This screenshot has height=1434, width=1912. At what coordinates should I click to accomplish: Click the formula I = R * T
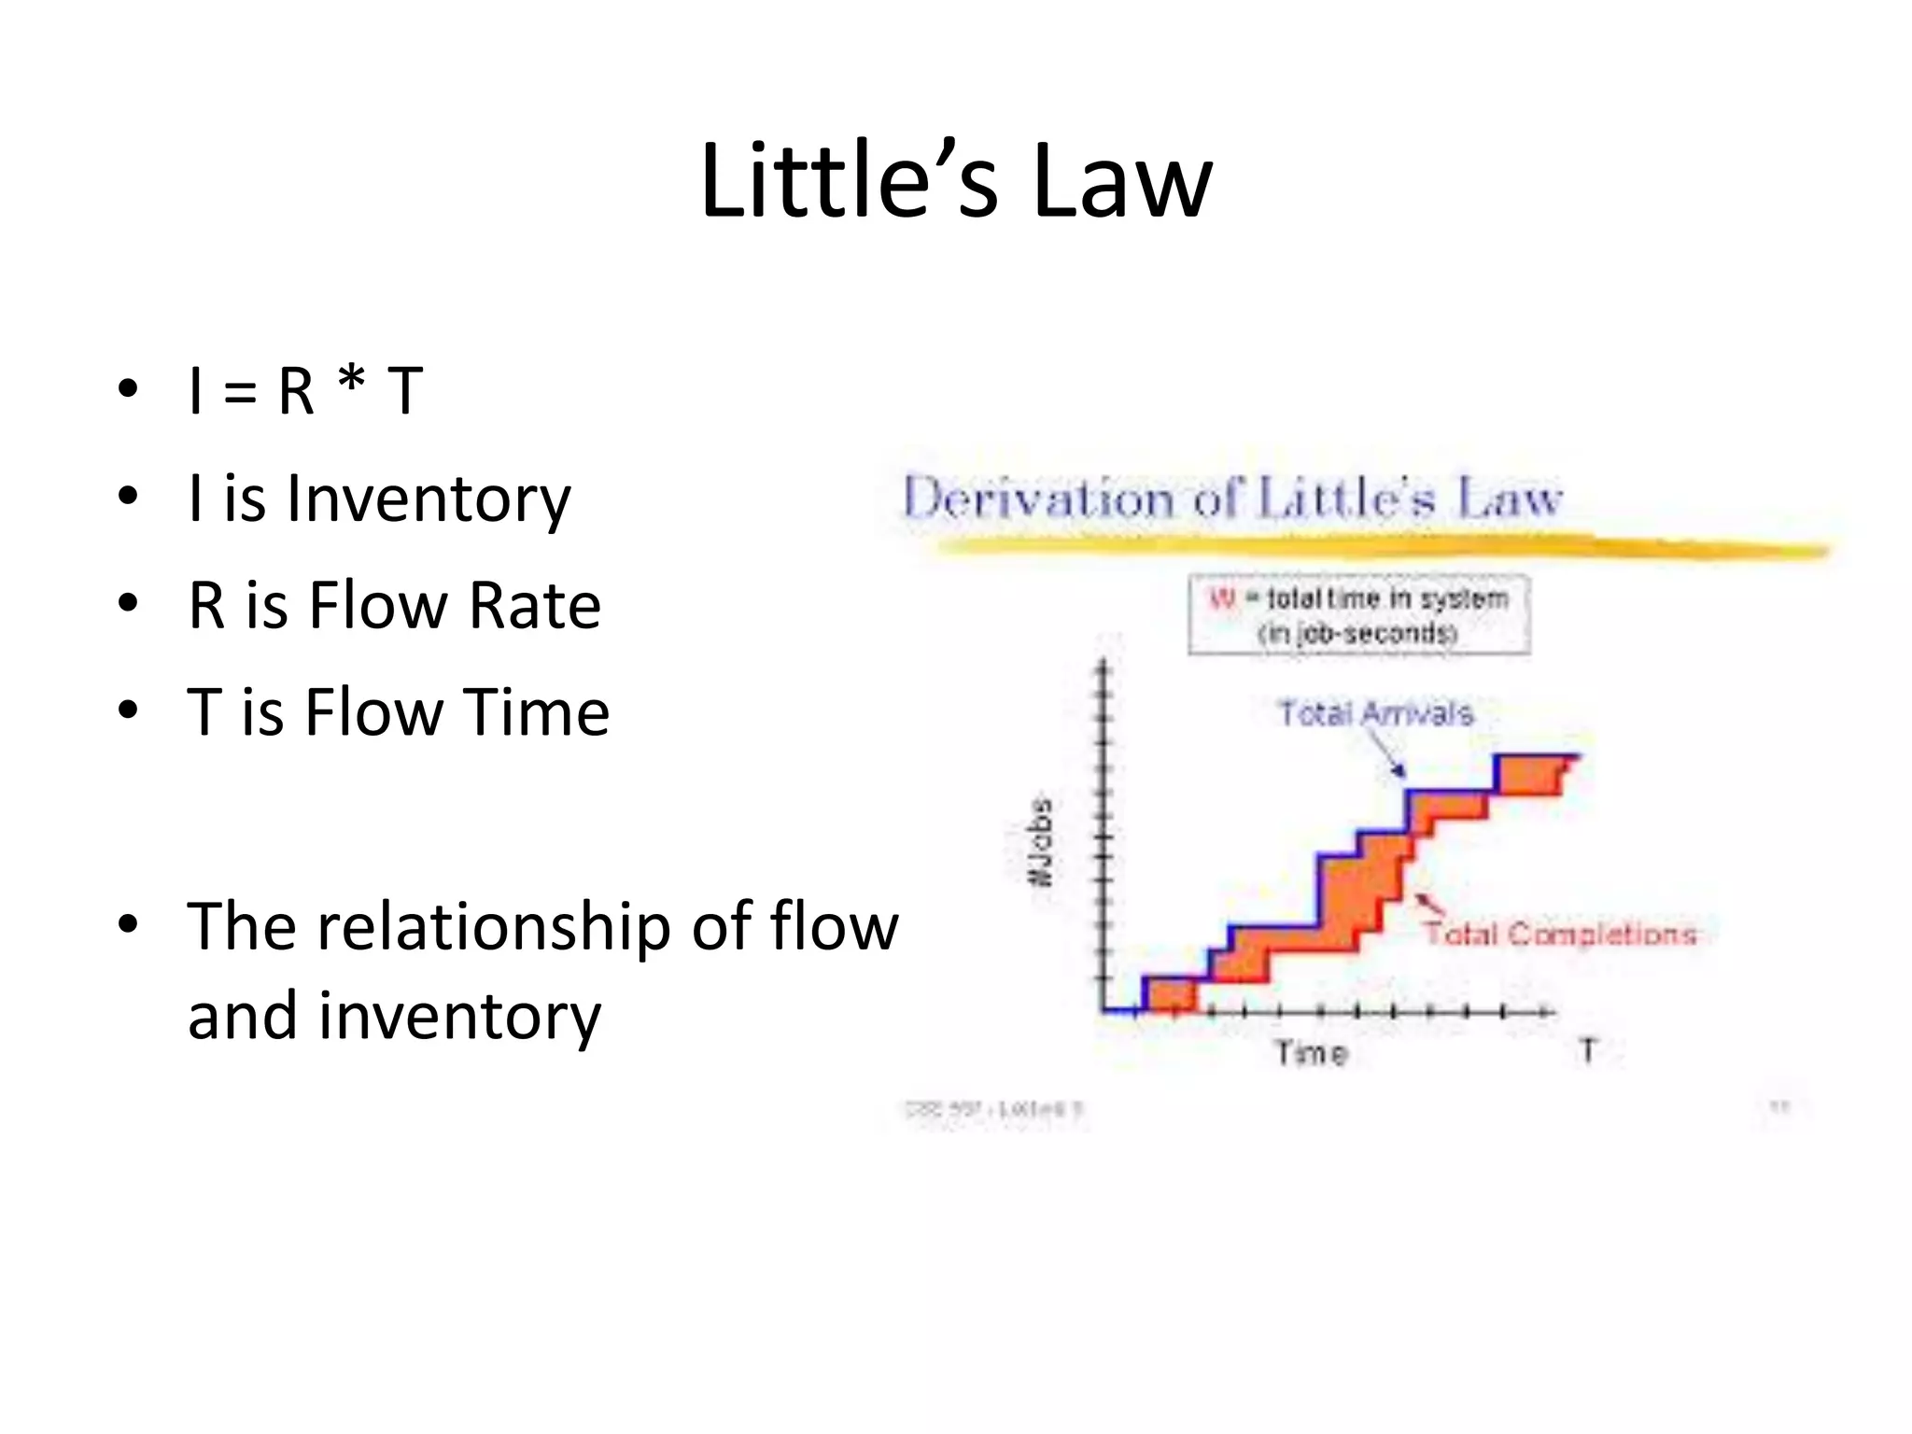tap(305, 390)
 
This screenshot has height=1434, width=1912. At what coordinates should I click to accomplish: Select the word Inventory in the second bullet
tap(429, 499)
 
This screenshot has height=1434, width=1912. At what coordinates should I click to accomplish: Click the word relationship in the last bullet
tap(494, 927)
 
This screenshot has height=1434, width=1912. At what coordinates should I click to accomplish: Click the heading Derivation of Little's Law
tap(1232, 498)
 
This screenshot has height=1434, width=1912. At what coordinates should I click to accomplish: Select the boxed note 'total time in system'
tap(1359, 614)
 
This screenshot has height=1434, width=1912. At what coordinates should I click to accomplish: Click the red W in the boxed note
tap(1221, 598)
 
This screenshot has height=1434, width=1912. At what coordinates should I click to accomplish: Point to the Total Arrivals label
tap(1375, 713)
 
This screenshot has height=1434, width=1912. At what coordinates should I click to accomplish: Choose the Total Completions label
tap(1560, 934)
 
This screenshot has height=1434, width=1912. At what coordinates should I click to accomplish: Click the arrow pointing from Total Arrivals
tap(1387, 754)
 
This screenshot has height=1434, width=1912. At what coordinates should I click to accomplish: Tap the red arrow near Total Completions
tap(1427, 904)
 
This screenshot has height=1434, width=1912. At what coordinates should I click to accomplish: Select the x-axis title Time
tap(1312, 1054)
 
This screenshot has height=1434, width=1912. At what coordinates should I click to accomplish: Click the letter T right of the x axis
tap(1587, 1050)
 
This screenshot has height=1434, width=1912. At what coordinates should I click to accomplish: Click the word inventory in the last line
tap(459, 1016)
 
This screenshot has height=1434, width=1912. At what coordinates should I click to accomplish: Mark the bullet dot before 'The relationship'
tap(128, 923)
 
